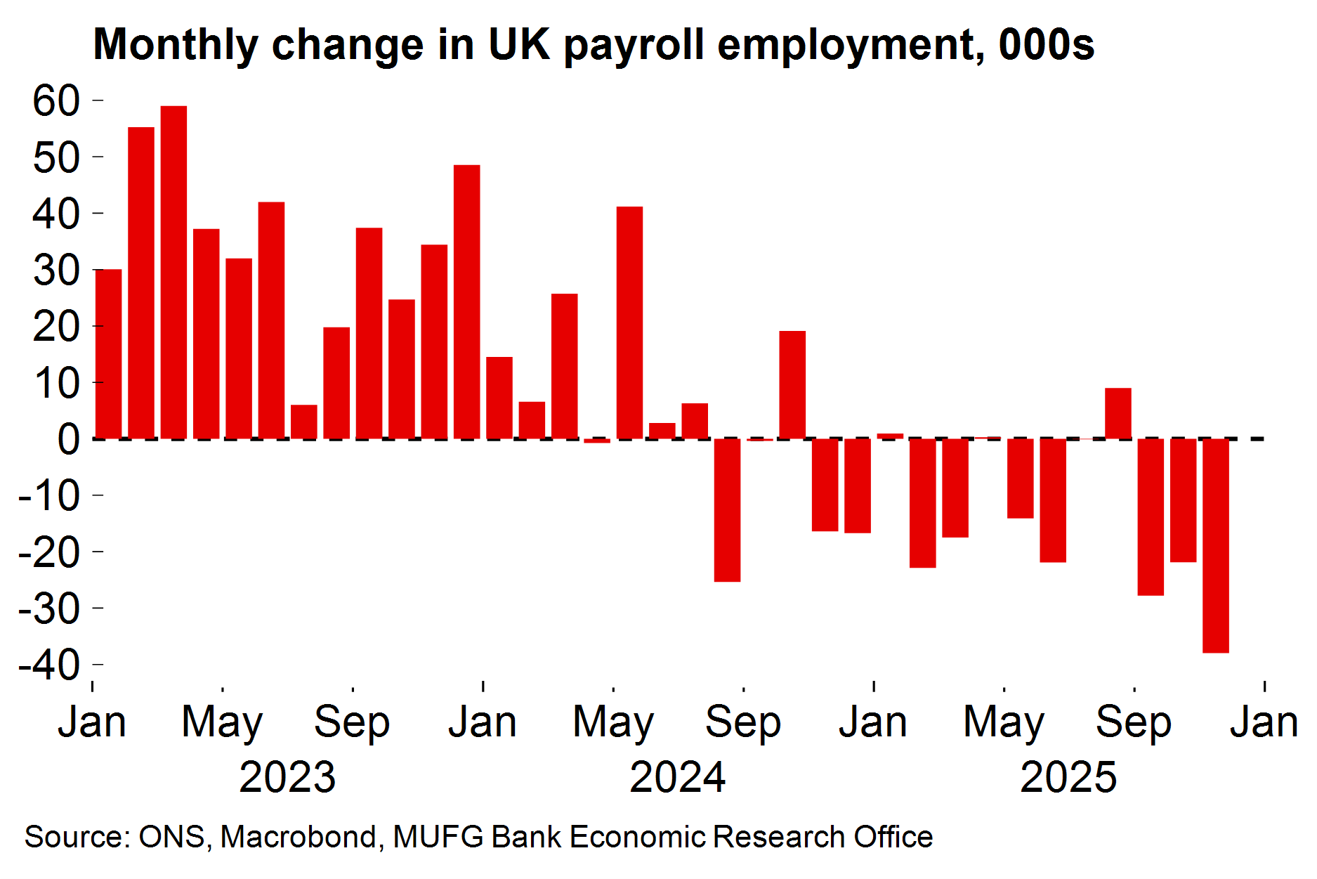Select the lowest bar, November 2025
point(1216,546)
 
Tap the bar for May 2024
point(629,323)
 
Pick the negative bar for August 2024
point(727,510)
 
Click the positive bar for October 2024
point(792,385)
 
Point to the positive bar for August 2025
point(1118,413)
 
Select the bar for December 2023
point(467,302)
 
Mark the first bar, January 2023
point(109,354)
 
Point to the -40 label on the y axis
point(49,665)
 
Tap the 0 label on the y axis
point(69,440)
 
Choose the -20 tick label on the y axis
point(49,552)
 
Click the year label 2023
point(287,777)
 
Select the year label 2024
point(677,777)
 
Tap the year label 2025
point(1068,777)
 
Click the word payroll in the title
point(634,45)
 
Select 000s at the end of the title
point(1047,45)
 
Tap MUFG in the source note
point(438,837)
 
